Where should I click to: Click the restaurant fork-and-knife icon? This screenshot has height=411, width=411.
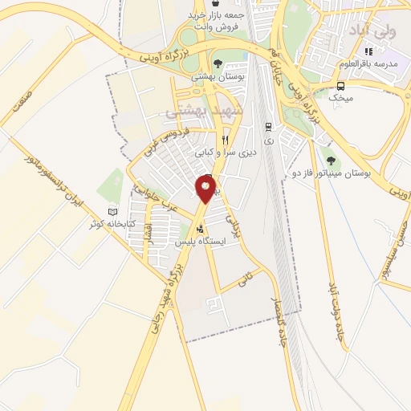pyautogui.click(x=225, y=139)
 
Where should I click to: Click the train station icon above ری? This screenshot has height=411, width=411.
pyautogui.click(x=268, y=126)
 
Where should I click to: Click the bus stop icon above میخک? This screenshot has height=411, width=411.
pyautogui.click(x=341, y=86)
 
